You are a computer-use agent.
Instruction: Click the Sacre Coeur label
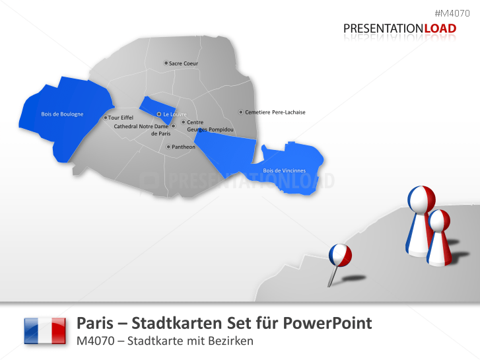(x=184, y=63)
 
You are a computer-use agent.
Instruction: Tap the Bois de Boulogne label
(x=62, y=114)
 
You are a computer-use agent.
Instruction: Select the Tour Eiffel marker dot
(x=105, y=118)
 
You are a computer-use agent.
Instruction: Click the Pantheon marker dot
(x=168, y=147)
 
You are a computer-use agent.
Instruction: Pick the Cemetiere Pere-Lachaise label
(x=275, y=112)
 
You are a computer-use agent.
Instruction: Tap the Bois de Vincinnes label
(x=285, y=171)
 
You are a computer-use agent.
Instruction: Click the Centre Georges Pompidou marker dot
(x=183, y=122)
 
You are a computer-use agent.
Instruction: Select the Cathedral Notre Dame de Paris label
(x=141, y=129)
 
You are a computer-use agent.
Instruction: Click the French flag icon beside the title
(x=45, y=330)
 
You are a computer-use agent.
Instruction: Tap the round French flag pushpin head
(x=340, y=254)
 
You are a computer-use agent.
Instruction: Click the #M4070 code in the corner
(x=452, y=13)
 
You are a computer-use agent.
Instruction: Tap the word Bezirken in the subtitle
(x=231, y=341)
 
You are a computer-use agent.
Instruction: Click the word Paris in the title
(x=94, y=323)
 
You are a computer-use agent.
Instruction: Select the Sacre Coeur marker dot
(x=166, y=63)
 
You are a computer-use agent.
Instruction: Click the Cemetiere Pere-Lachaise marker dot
(x=241, y=112)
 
